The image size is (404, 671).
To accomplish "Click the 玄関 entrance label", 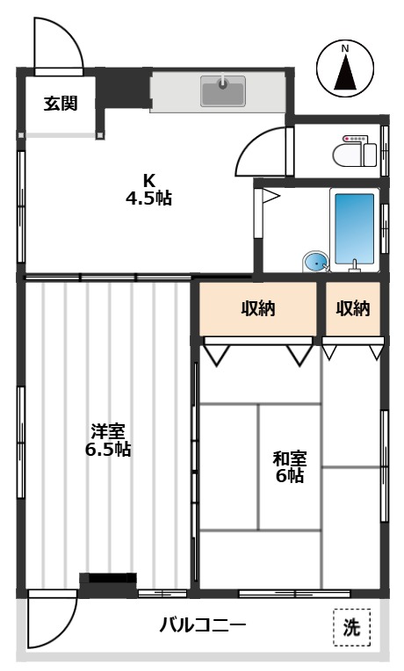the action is point(61,104).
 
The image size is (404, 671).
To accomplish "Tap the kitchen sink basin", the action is point(223,91).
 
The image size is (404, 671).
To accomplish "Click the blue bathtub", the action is point(354,229).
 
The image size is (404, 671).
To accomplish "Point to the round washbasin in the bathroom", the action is point(316,262).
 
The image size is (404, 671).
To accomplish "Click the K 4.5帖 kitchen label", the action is point(148,189).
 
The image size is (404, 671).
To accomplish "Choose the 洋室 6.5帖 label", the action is point(108,440).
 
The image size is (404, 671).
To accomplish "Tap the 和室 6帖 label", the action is point(290,466).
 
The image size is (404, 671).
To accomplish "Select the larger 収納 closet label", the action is point(258,308).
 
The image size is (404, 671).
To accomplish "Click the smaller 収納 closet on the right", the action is point(353,308).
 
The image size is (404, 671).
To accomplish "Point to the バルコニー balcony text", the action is point(203,626).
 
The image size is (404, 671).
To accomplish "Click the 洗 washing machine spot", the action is point(352,627).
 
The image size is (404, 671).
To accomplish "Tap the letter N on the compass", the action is point(345,49).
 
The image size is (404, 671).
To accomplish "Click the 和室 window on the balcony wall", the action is point(294,594).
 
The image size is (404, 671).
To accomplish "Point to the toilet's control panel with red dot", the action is point(355,139).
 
